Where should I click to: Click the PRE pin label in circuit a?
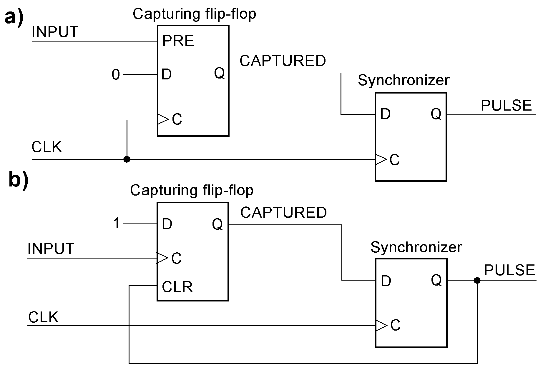178,41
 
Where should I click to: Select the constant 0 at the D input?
116,75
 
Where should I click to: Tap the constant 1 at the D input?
117,224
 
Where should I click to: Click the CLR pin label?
177,287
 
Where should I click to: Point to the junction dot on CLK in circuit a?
127,159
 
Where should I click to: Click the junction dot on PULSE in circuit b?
477,280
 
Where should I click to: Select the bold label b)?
18,180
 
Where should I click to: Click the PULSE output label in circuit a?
506,106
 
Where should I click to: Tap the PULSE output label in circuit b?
509,270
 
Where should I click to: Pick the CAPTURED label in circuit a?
283,61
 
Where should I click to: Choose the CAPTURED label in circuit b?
283,212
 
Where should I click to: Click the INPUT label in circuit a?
55,32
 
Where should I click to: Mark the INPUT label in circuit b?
51,249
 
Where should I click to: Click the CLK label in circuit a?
47,147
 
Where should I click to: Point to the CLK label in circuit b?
43,317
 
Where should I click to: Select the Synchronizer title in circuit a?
403,80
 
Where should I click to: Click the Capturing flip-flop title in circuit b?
192,190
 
